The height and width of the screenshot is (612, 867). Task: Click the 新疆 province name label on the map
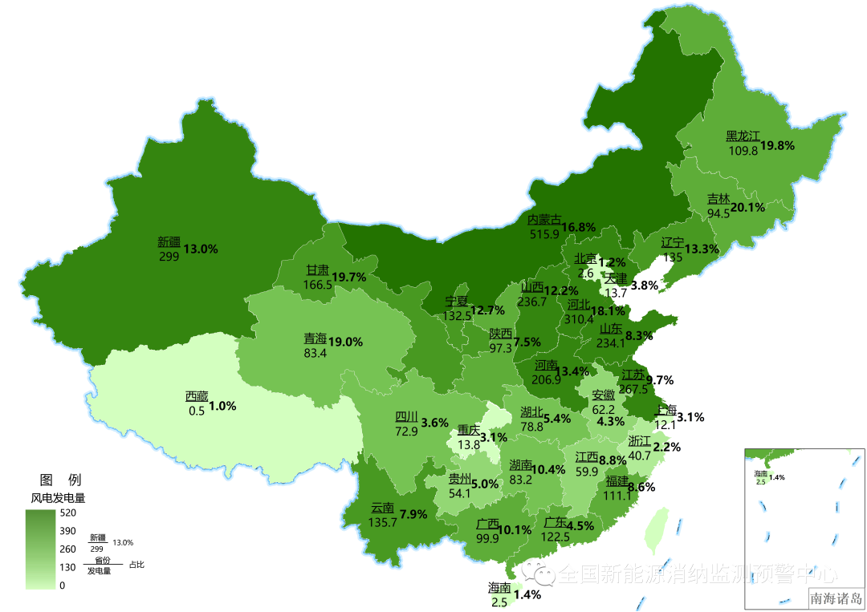tap(169, 242)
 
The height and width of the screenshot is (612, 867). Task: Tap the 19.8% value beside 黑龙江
tap(778, 145)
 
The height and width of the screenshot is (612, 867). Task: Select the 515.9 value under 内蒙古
tap(544, 234)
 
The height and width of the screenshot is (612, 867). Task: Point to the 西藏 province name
tap(197, 396)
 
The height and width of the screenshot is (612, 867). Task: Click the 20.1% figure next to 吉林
tap(747, 207)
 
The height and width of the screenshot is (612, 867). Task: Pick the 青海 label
tap(315, 339)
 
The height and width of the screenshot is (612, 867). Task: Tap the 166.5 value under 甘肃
tap(318, 284)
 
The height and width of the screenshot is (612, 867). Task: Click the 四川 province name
tap(406, 417)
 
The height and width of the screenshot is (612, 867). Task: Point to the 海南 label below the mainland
tap(499, 588)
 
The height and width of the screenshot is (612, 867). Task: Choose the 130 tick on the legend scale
tap(67, 567)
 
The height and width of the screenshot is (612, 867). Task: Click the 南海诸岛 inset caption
tap(836, 598)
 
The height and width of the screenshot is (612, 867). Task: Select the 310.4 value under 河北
tap(579, 318)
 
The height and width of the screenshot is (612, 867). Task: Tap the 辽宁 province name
tap(673, 243)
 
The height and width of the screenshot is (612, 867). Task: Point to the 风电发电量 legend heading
tap(58, 497)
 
